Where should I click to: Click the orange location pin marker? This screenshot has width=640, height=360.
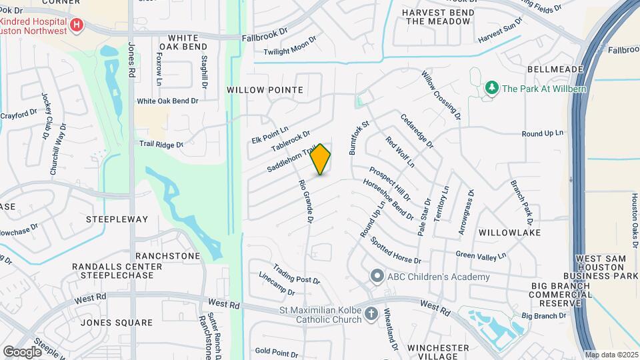coord(321,159)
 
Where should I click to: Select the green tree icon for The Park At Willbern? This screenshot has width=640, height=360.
coord(492,88)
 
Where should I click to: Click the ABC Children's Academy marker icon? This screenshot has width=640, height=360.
coord(377,276)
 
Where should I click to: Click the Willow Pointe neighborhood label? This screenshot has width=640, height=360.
coord(265,89)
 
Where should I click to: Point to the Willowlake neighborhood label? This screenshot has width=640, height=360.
coord(509,232)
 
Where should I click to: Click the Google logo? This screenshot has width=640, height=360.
coord(22,351)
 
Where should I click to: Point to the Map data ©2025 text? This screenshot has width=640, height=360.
coord(611,355)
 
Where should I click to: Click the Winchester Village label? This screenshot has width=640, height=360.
coord(438,351)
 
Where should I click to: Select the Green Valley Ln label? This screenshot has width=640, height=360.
coord(481,255)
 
